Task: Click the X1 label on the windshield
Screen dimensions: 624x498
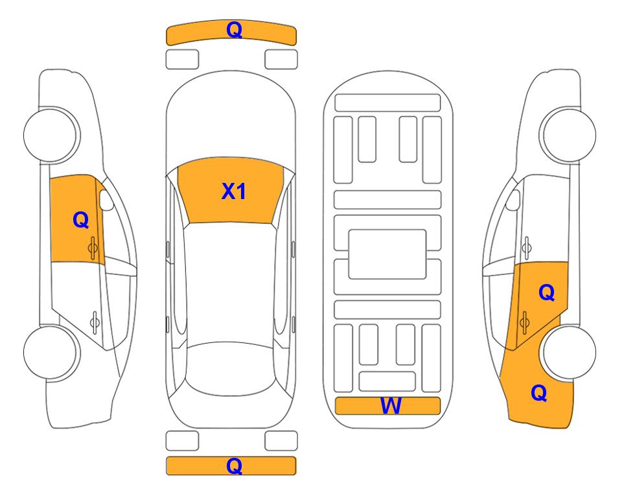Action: click(234, 191)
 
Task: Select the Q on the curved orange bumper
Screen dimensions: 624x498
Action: click(234, 30)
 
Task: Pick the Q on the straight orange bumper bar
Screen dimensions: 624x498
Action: click(234, 466)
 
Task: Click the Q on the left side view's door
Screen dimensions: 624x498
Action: click(81, 220)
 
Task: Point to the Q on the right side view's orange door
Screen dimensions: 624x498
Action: click(546, 293)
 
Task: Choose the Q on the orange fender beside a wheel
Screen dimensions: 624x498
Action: click(539, 393)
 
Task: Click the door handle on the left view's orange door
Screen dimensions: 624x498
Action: click(93, 248)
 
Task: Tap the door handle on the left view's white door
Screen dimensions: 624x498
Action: click(95, 322)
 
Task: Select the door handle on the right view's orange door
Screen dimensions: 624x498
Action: click(524, 322)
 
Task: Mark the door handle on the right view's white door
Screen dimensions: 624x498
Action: click(527, 248)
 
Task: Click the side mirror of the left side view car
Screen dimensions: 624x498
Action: click(106, 200)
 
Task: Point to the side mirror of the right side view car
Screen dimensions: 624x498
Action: click(513, 200)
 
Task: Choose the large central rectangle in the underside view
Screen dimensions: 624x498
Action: click(387, 254)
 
